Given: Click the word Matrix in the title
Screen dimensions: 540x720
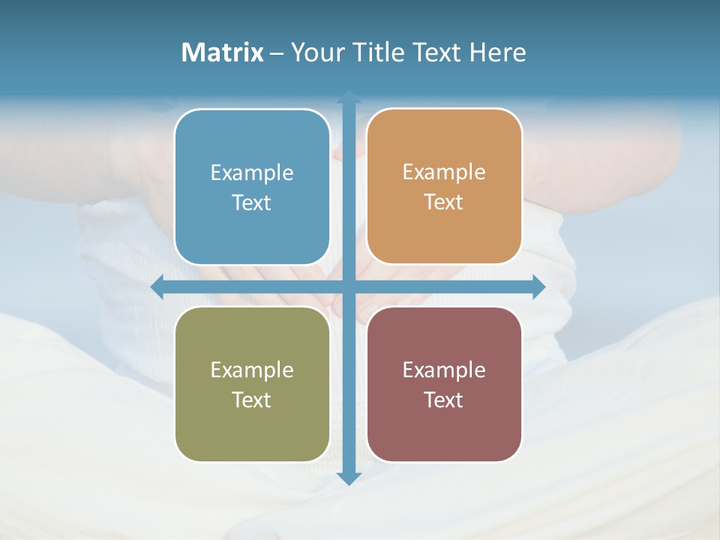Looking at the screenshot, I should click(223, 52).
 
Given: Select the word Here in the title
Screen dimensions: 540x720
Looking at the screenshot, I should click(498, 52).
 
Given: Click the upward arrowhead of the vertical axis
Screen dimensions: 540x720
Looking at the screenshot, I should click(349, 97).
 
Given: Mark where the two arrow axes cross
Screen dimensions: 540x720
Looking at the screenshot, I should click(349, 287).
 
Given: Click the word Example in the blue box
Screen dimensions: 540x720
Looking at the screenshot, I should click(252, 173).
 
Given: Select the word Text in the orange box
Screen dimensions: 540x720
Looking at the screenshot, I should click(444, 202).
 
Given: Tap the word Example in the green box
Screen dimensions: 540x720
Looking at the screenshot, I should click(252, 370).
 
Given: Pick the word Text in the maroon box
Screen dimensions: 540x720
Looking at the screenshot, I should click(444, 400).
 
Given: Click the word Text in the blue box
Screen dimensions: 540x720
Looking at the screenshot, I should click(252, 203).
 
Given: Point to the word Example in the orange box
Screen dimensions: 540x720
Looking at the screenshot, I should click(444, 172).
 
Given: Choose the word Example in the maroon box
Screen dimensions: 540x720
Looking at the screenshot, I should click(444, 370).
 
